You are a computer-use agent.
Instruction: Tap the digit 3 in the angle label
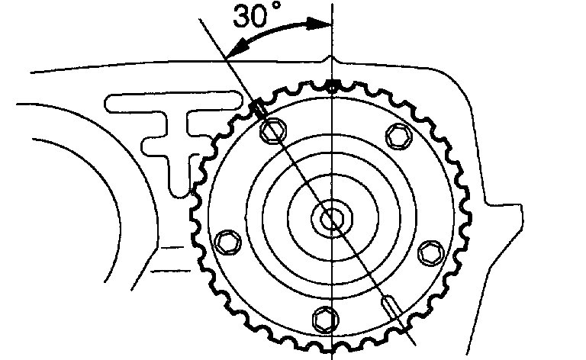241,18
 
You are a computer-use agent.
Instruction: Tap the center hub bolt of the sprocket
332,219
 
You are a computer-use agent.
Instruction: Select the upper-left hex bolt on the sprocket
271,133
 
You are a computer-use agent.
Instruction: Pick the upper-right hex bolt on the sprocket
396,137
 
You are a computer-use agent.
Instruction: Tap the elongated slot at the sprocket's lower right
389,307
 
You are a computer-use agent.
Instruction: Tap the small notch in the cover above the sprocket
328,59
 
